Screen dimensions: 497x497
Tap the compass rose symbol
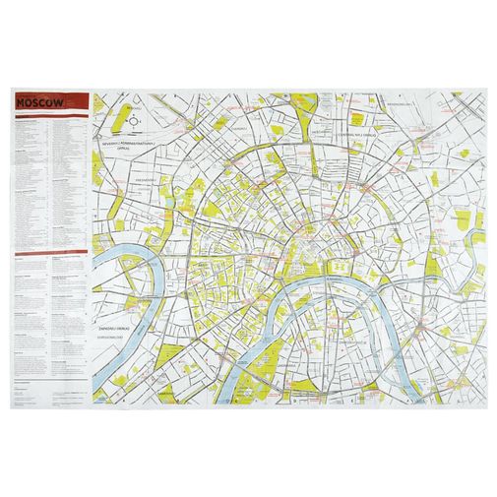pyautogui.click(x=135, y=121)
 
